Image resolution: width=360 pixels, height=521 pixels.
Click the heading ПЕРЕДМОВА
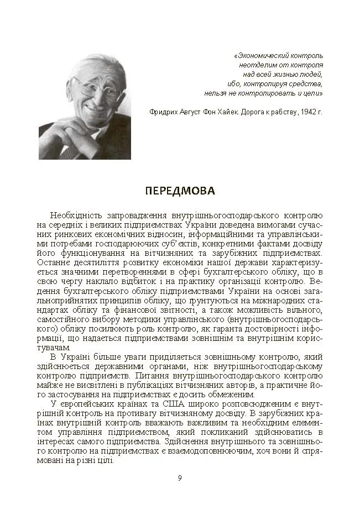pyautogui.click(x=180, y=191)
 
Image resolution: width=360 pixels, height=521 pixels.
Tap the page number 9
pyautogui.click(x=180, y=478)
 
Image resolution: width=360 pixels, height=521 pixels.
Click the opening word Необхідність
pyautogui.click(x=76, y=215)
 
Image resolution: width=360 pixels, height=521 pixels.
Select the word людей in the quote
pyautogui.click(x=311, y=75)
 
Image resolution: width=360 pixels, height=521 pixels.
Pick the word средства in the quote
pyautogui.click(x=304, y=84)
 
